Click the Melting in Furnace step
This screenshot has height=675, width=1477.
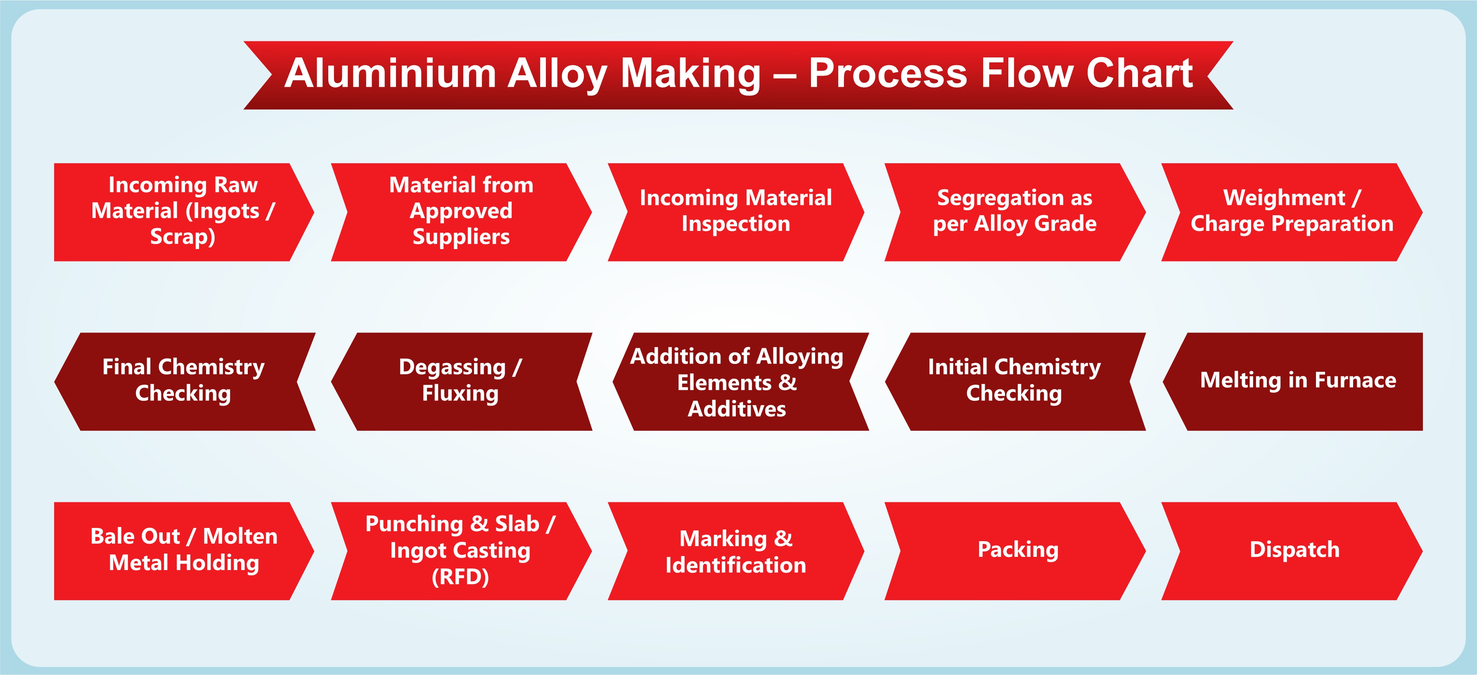tap(1297, 381)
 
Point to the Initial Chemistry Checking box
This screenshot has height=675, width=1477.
tap(1014, 381)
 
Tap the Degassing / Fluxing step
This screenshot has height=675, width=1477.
tap(460, 381)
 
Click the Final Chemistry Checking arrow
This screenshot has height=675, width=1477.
tap(183, 381)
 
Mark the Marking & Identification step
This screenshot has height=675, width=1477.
tap(736, 551)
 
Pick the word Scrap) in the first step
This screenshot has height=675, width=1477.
tap(183, 237)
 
